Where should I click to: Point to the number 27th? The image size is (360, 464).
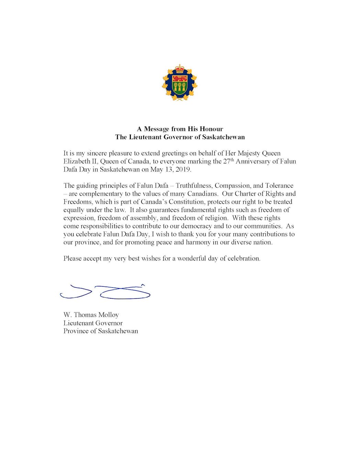pyautogui.click(x=228, y=161)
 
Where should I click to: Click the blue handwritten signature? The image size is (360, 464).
pyautogui.click(x=105, y=292)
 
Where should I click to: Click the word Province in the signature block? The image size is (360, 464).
pyautogui.click(x=76, y=331)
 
